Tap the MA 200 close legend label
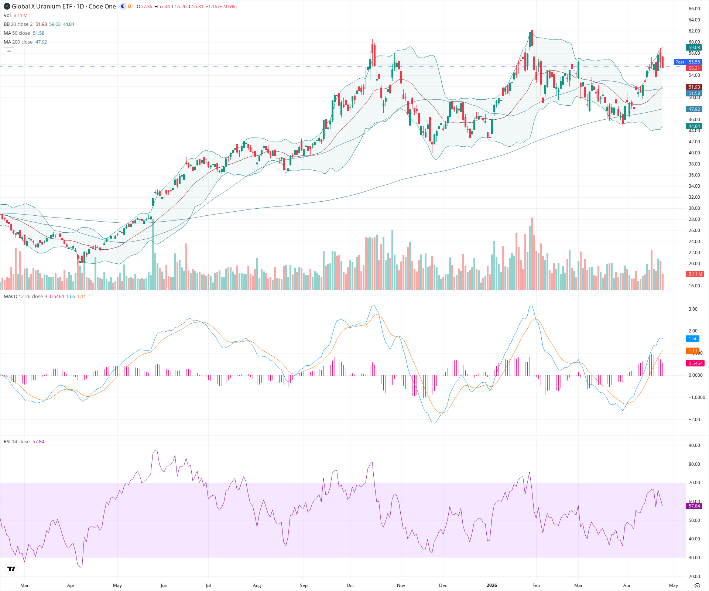tap(18, 42)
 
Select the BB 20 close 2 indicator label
tap(18, 24)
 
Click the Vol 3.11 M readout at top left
tap(16, 16)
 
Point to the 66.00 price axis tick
tap(694, 9)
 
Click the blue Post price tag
tap(679, 62)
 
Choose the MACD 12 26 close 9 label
tap(25, 297)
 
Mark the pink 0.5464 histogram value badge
tap(695, 363)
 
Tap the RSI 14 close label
tap(17, 442)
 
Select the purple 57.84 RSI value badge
tap(694, 506)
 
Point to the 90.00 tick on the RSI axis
tap(694, 445)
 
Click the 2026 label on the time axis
tap(491, 585)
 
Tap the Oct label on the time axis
tap(350, 585)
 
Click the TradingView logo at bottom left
tap(11, 568)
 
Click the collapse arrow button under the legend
tap(9, 51)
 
